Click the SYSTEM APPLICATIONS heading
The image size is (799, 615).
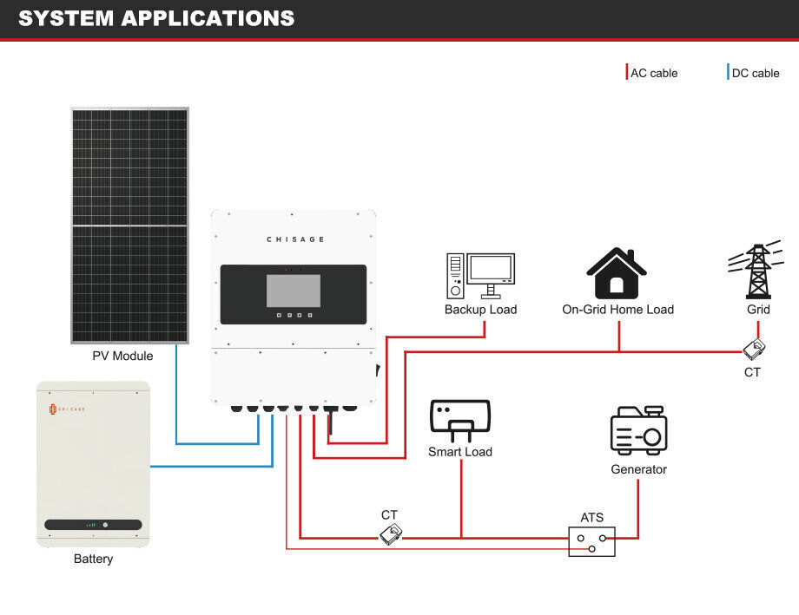point(156,18)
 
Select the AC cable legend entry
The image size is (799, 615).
point(653,73)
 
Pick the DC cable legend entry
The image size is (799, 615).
point(755,73)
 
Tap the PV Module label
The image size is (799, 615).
point(122,356)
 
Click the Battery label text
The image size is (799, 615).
point(93,559)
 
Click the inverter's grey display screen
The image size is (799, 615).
point(294,291)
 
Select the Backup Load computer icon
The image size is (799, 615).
point(480,276)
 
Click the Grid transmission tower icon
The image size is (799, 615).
point(758,272)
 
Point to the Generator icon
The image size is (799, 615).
point(638,430)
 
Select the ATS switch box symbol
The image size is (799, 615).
point(591,541)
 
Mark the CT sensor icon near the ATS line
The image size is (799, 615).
point(390,534)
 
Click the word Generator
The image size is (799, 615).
point(638,469)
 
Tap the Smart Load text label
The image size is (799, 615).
point(460,452)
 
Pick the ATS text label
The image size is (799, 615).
point(591,518)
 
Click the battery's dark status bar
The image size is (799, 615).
point(93,525)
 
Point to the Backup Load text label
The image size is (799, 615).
point(480,310)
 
